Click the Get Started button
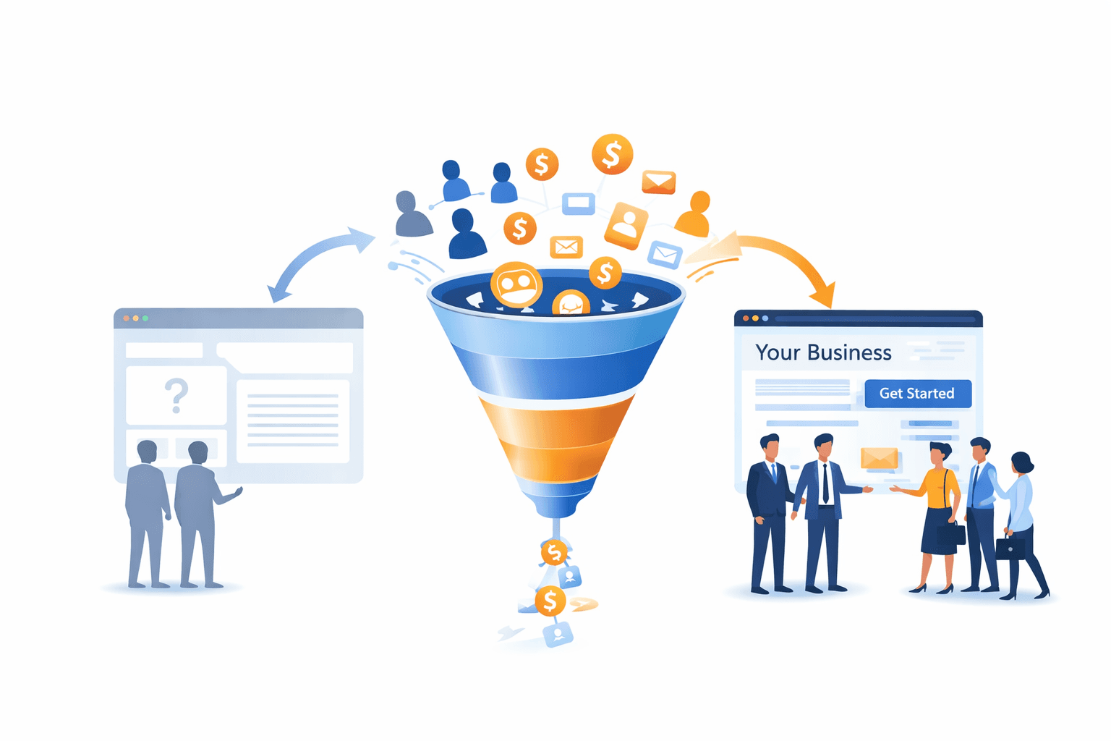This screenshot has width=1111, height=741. click(x=917, y=394)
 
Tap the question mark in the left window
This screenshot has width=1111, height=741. click(x=176, y=395)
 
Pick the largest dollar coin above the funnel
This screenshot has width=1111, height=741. click(x=612, y=154)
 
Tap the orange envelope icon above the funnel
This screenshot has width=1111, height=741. click(x=658, y=182)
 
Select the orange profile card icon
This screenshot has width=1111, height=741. click(x=626, y=225)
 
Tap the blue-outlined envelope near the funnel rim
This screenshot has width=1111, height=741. click(x=664, y=254)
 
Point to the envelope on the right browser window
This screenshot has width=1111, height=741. click(x=879, y=459)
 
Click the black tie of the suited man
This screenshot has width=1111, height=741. click(x=825, y=483)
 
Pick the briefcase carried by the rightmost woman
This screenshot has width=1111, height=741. click(x=1010, y=548)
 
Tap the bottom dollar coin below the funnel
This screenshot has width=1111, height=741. click(x=550, y=601)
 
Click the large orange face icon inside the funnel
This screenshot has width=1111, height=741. click(x=516, y=284)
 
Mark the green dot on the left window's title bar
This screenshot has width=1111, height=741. click(x=145, y=318)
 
